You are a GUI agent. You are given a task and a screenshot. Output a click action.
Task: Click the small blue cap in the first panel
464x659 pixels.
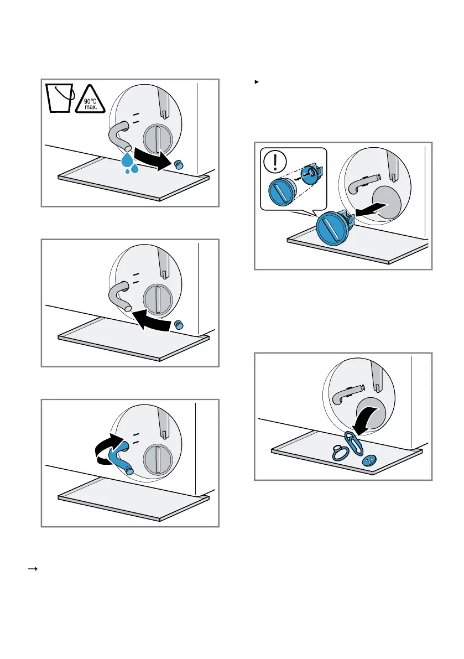pyautogui.click(x=179, y=164)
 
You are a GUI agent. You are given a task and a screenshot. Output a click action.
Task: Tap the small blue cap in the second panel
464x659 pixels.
pyautogui.click(x=179, y=325)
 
